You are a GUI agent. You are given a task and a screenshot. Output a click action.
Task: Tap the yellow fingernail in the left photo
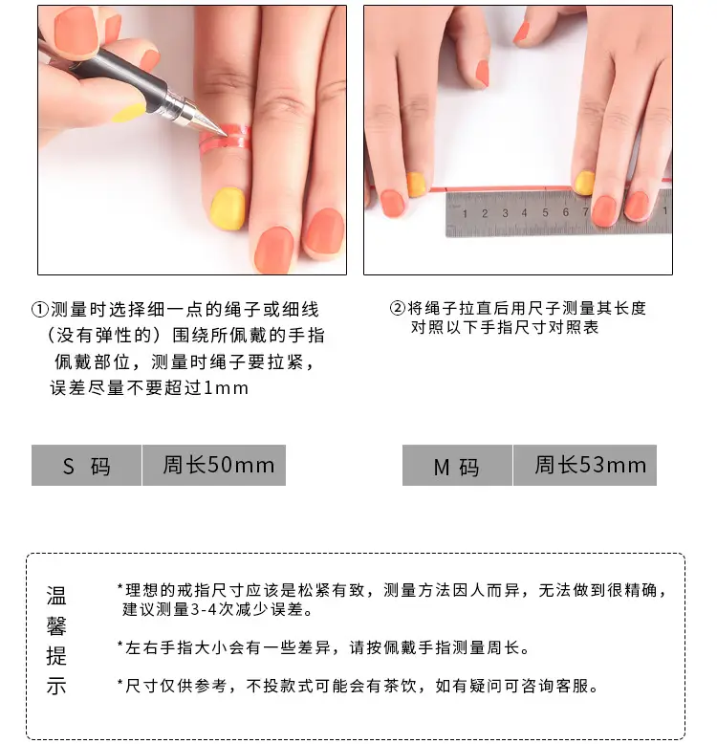click(228, 208)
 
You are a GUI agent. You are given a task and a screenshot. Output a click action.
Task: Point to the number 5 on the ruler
click(545, 212)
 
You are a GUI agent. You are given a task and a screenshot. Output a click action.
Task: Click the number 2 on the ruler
click(485, 213)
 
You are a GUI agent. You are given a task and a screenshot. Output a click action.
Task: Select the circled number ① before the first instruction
click(40, 310)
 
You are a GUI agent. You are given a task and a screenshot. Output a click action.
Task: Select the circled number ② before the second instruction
click(398, 309)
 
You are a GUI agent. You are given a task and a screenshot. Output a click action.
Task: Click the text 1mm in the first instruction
click(226, 388)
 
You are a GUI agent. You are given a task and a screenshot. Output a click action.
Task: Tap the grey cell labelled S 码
click(86, 465)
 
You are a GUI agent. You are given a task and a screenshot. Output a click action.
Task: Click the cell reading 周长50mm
click(214, 465)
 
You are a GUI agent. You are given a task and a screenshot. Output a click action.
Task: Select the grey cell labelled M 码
click(457, 465)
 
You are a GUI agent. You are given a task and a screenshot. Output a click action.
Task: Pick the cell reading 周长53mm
click(585, 465)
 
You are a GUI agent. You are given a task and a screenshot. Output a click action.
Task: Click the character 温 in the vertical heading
click(56, 596)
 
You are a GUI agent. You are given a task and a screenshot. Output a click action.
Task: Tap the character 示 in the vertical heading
click(56, 686)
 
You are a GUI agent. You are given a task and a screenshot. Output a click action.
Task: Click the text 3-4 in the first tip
click(204, 609)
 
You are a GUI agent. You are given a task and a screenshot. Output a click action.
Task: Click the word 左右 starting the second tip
click(142, 647)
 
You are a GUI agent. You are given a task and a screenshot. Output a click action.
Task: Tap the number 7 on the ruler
click(586, 211)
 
